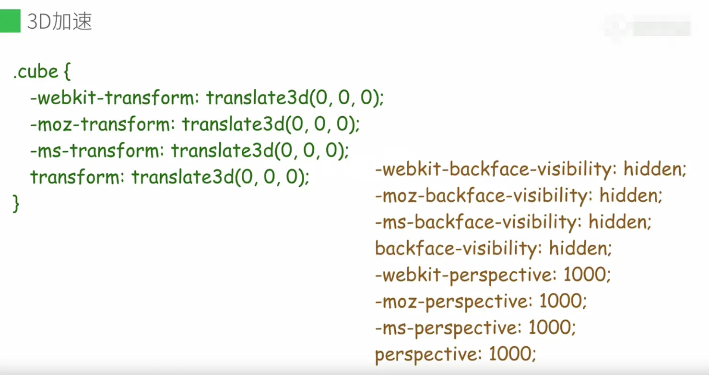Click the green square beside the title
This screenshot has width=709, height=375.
click(10, 22)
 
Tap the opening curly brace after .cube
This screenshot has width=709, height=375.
click(67, 72)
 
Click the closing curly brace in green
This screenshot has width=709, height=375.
click(16, 204)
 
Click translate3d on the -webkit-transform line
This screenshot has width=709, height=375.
click(258, 98)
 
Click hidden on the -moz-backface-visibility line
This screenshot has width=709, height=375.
click(630, 195)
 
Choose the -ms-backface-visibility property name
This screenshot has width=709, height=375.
click(474, 222)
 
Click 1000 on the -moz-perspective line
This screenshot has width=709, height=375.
click(562, 302)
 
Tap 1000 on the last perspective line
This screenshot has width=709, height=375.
click(511, 354)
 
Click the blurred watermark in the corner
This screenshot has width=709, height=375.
click(648, 26)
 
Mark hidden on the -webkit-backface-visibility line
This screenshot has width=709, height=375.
click(654, 169)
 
